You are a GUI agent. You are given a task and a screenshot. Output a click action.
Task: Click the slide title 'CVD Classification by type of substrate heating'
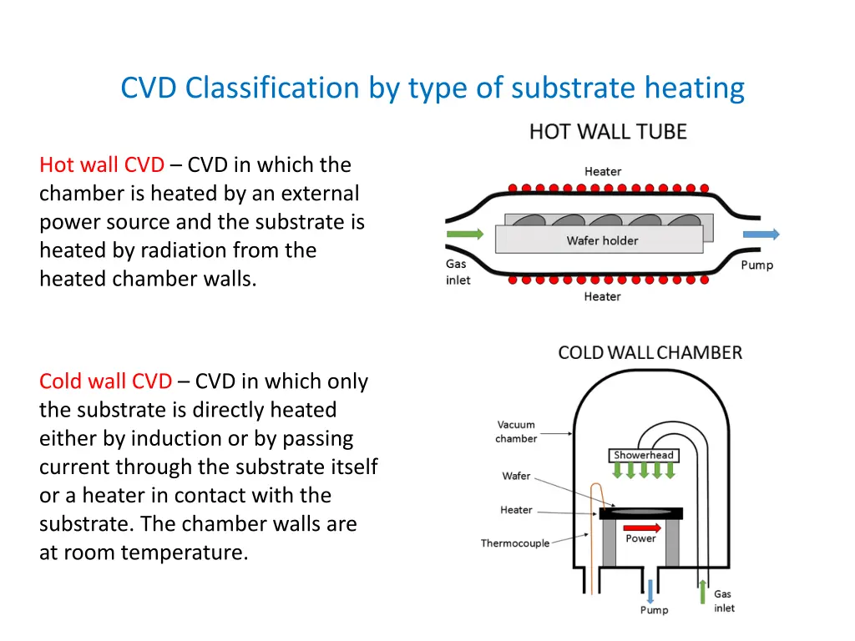point(433,88)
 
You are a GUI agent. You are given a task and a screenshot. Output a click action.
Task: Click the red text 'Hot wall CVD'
point(101,165)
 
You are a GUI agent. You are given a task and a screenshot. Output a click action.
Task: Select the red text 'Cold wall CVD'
point(105,381)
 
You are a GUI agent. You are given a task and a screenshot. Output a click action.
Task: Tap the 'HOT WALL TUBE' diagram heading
point(607,132)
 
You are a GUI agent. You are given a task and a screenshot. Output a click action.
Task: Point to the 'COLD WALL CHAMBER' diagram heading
point(650,352)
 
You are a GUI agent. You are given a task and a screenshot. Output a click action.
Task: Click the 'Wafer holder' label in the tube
point(602,240)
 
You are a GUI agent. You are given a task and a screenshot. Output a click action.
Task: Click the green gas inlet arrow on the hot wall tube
point(465,235)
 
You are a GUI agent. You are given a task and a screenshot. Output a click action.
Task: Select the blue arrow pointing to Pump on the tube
point(761,235)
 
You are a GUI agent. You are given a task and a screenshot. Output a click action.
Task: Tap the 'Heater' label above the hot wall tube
point(602,172)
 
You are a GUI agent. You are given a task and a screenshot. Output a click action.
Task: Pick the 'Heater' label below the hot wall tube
point(602,297)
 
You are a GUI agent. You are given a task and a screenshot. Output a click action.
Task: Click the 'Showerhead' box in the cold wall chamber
point(643,456)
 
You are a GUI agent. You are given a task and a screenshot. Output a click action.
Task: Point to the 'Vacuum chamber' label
point(515,432)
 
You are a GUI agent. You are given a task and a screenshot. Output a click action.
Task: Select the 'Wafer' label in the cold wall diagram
point(516,476)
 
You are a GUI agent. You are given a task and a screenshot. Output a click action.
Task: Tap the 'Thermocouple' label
point(515,543)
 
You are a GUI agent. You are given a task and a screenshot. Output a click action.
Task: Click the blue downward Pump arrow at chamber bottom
point(651,587)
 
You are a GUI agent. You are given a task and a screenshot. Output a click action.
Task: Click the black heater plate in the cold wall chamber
point(640,513)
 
